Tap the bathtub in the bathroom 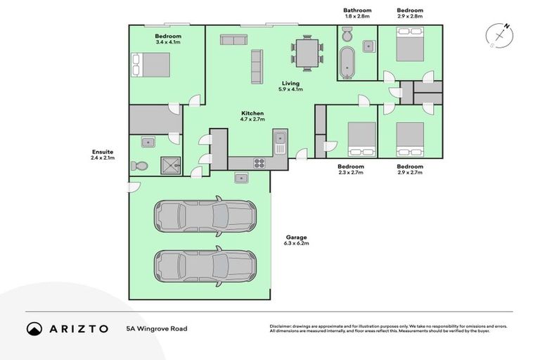point(347,63)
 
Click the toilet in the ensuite point(140,166)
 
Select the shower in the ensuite point(169,165)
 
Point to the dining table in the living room point(307,53)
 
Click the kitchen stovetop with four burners point(258,163)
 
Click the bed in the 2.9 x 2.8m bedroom point(409,48)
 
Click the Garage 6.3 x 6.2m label point(296,240)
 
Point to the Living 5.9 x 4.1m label point(290,86)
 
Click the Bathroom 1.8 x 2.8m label point(357,13)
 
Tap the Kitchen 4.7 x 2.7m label point(252,116)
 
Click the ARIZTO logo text point(77,328)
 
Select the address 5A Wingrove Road point(157,328)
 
